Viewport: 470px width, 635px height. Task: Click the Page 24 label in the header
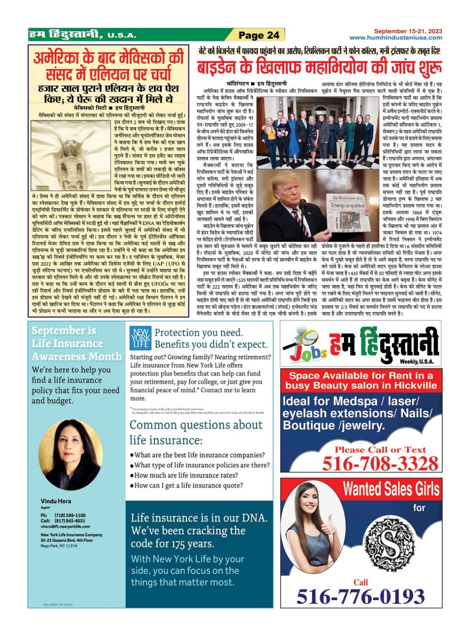259,35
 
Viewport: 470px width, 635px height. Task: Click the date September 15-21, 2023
407,31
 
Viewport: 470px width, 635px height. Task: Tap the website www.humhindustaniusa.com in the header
395,38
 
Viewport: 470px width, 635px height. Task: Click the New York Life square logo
140,338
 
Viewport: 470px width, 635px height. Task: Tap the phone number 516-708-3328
380,464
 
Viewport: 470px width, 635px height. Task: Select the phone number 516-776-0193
360,596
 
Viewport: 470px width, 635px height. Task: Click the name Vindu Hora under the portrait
56,501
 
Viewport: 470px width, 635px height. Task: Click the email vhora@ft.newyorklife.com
65,526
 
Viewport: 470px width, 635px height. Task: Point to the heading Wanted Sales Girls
390,489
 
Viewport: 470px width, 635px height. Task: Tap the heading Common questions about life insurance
196,432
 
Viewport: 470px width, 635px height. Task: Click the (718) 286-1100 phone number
70,515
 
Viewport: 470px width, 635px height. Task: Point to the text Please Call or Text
380,450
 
